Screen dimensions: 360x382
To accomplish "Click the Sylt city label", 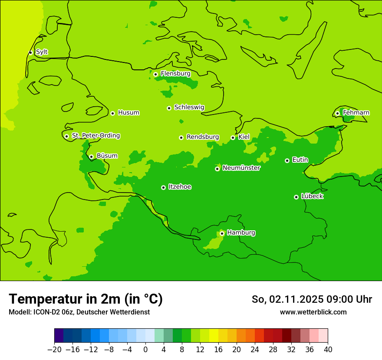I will coord(42,52).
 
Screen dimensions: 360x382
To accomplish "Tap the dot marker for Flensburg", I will coord(155,74).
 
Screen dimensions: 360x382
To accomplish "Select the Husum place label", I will coord(128,113).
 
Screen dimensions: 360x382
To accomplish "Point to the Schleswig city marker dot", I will coord(169,108).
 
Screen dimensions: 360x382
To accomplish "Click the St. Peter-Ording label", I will coord(96,136).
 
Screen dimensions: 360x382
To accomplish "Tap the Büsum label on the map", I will coord(107,156).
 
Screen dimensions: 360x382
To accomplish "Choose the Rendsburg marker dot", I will coord(181,137).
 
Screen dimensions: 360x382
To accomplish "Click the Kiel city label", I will coord(244,137).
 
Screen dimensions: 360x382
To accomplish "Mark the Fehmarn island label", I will coord(356,113).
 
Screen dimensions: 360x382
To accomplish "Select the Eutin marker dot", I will coord(287,160).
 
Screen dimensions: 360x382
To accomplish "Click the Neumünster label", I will coord(241,168).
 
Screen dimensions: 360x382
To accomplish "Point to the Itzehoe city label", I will coord(180,187).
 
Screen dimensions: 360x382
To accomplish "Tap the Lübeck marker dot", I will coord(296,197).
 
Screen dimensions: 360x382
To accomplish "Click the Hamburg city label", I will coord(241,233).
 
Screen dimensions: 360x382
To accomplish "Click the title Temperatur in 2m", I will coord(86,299).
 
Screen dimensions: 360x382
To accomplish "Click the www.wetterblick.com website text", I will coord(313,312).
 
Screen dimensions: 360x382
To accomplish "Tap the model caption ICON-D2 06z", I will coord(79,312).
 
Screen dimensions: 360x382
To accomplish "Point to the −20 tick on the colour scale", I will coord(54,350).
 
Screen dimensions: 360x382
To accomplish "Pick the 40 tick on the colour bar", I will coord(328,350).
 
